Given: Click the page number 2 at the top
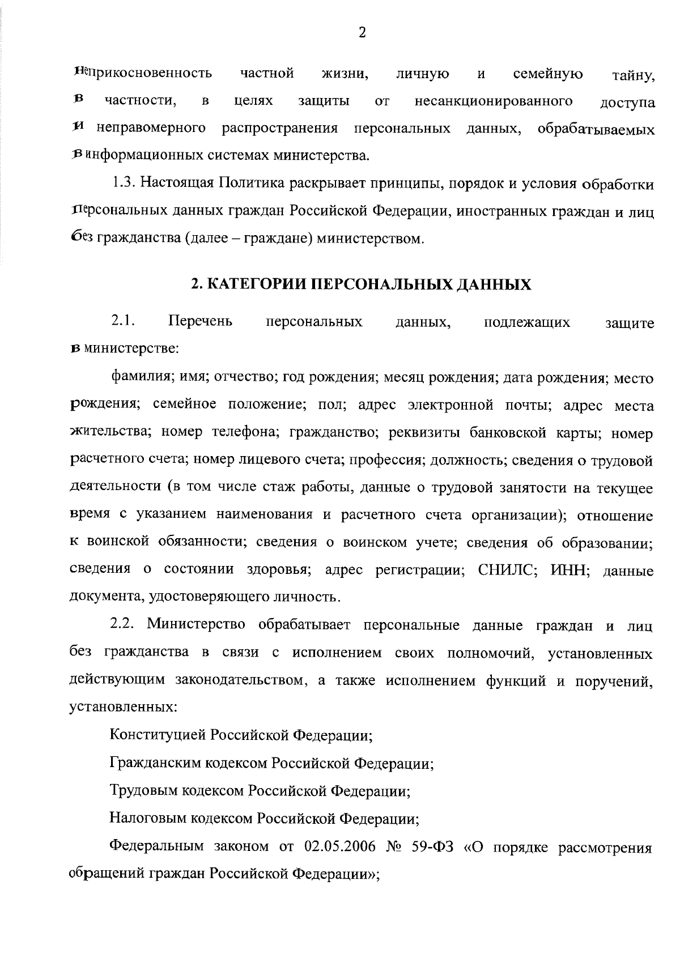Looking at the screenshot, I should pos(363,33).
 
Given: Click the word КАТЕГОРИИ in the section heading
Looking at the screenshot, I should pos(254,284).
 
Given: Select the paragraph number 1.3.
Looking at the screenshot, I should pos(122,184).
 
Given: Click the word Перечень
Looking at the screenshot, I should pos(200,322).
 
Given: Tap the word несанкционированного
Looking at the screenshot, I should pos(493,101).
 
